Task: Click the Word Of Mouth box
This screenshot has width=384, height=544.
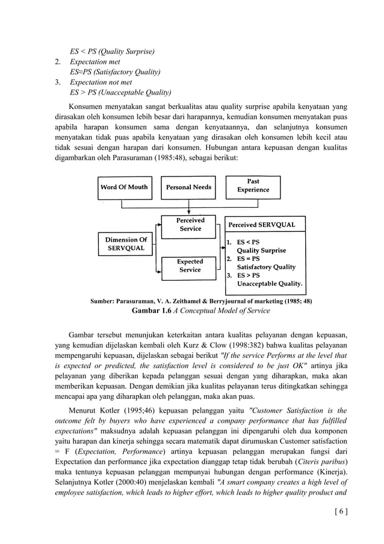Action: coord(123,187)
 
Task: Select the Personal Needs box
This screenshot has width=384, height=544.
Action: coord(188,187)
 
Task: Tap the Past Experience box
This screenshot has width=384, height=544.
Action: coord(253,186)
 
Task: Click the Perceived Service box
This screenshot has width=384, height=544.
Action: coord(190,225)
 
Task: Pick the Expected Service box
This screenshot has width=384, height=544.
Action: coord(190,266)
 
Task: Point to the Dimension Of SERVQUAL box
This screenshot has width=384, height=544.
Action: coord(126,244)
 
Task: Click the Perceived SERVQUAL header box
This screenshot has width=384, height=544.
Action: coord(261,225)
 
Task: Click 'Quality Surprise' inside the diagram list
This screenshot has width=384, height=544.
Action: coord(261,251)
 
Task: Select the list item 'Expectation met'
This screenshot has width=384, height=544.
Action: coord(95,61)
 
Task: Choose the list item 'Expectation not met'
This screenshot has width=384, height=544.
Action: coord(101,83)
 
